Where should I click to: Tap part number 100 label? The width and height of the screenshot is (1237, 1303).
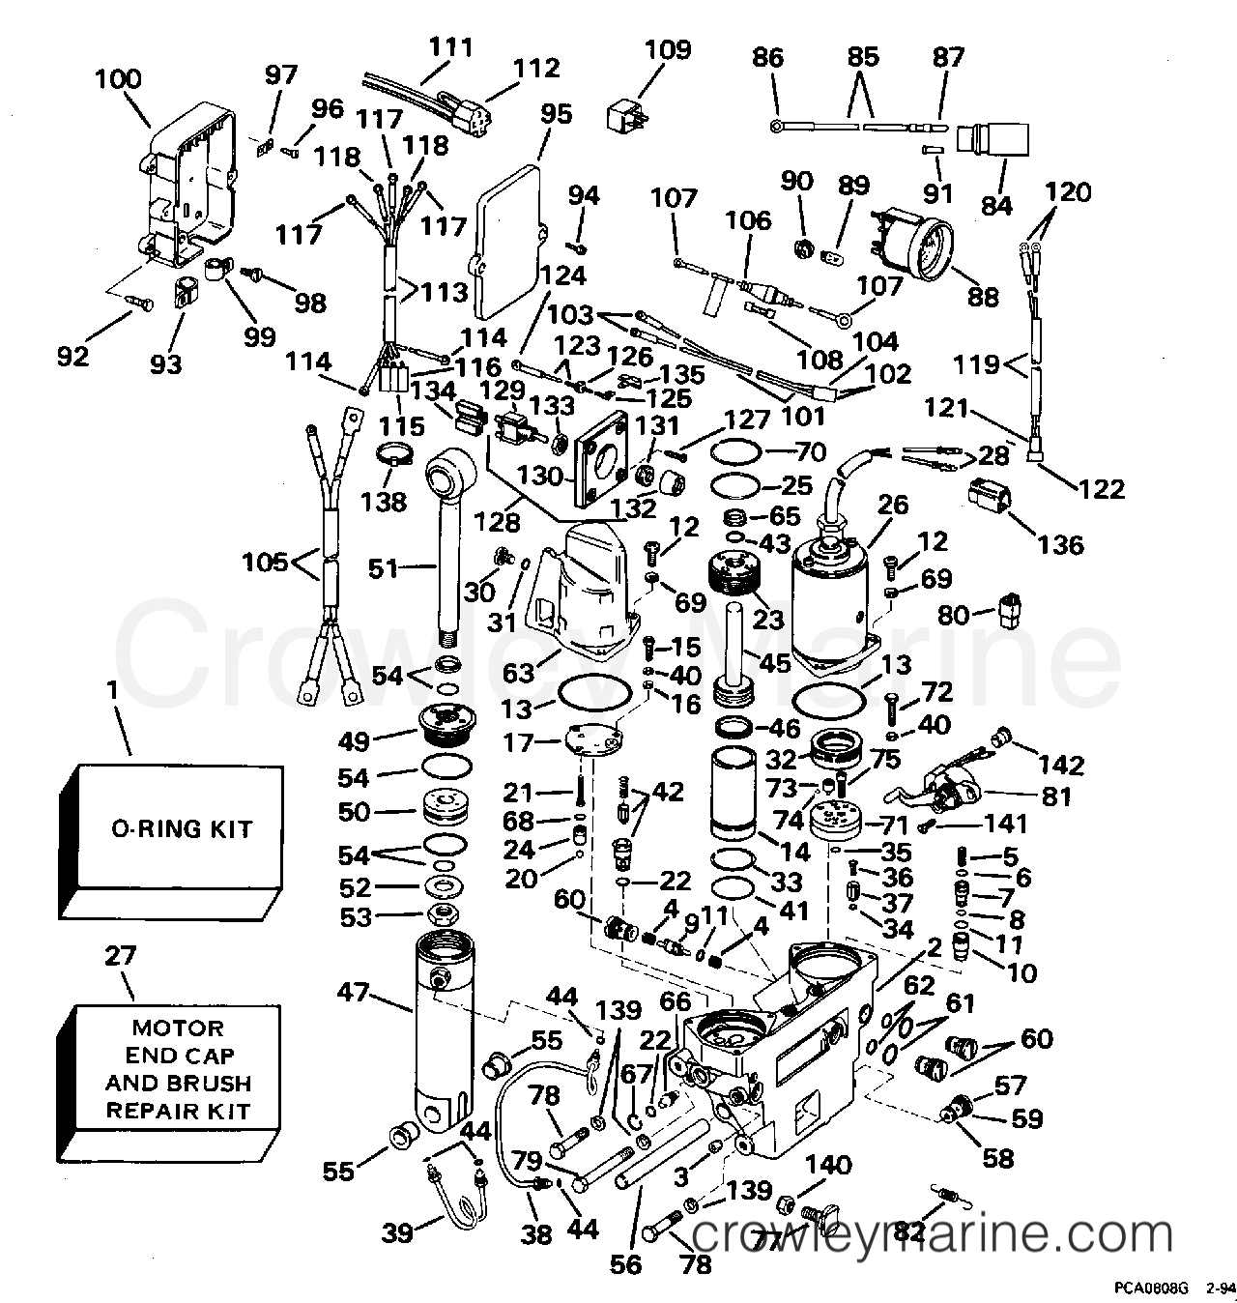(x=117, y=79)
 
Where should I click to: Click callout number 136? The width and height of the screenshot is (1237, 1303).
(x=1060, y=545)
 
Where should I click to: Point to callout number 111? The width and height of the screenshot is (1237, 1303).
(x=450, y=46)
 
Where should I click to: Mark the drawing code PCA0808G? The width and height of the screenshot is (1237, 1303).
(x=1146, y=1289)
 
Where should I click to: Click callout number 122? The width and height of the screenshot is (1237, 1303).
(x=1103, y=488)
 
